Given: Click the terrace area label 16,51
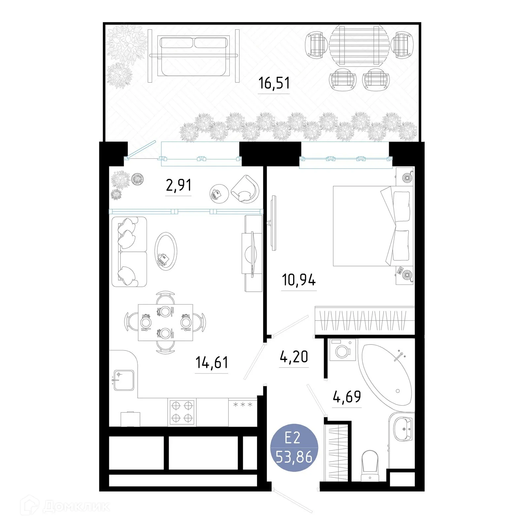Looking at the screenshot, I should point(274,83).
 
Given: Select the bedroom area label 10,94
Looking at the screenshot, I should point(299,280).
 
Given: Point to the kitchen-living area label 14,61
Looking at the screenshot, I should point(212,362).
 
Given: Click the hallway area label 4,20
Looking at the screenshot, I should point(294,357).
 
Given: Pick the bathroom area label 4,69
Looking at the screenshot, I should point(347,397).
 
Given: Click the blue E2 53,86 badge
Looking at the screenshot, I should point(294,448).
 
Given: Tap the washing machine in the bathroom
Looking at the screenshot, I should point(343,350).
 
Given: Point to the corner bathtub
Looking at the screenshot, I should point(388,373).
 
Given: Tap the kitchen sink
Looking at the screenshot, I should point(124,380).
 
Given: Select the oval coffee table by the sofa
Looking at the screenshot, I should point(166,251).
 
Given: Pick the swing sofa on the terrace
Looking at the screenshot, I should point(194,55).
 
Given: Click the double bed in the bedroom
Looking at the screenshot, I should point(371,226).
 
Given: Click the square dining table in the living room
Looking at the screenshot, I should point(165,322).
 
